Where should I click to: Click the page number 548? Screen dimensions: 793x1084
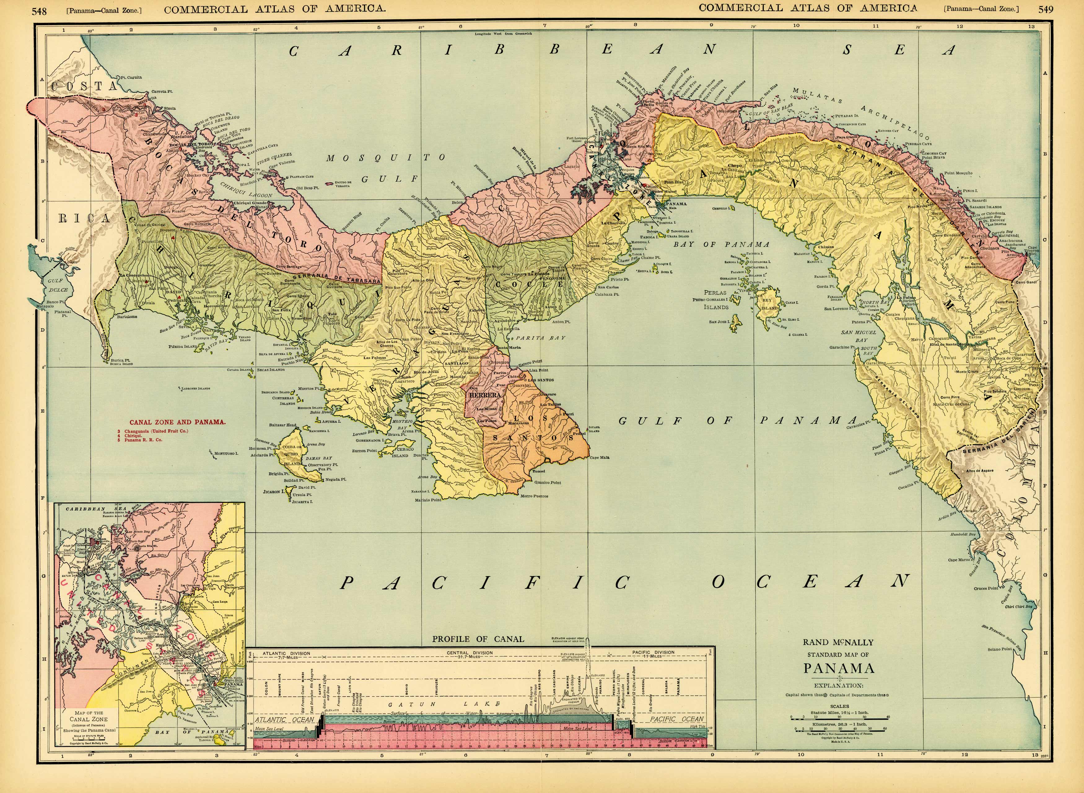coord(39,11)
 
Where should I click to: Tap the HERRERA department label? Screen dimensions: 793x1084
coord(485,395)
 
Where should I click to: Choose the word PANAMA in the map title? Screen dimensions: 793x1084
coord(839,669)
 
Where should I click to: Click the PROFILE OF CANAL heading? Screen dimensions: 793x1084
coord(478,639)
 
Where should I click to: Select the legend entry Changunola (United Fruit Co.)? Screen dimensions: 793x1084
coord(156,431)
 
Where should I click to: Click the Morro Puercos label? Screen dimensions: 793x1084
coord(534,496)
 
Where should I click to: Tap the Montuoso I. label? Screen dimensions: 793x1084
coord(225,453)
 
